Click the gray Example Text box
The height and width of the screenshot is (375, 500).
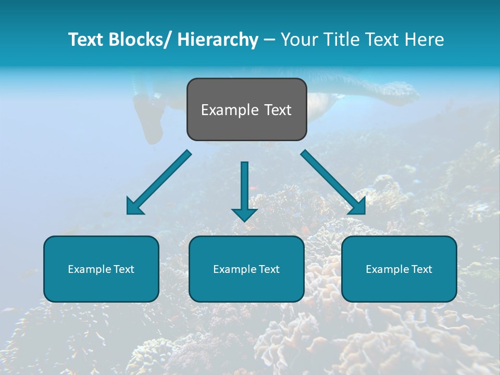(x=246, y=109)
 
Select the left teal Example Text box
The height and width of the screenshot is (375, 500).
(x=101, y=269)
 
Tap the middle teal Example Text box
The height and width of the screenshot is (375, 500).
(x=246, y=269)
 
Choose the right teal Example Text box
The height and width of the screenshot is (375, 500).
(x=399, y=269)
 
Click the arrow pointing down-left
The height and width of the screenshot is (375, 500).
(x=159, y=182)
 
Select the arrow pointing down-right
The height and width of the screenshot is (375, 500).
(x=333, y=182)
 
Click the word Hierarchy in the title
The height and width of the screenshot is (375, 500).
(x=218, y=40)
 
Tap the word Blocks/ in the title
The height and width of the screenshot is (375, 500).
(x=144, y=40)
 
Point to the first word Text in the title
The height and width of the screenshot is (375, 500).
(x=87, y=40)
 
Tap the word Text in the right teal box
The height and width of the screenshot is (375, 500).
(x=421, y=269)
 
